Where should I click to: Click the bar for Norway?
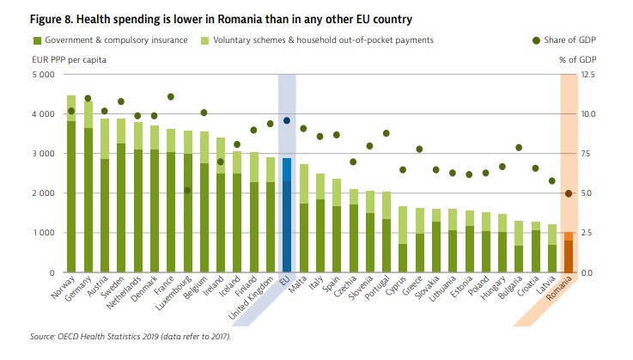pyautogui.click(x=71, y=189)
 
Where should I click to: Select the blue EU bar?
pyautogui.click(x=287, y=215)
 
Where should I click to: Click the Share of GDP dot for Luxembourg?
pyautogui.click(x=187, y=190)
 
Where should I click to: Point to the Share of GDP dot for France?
pyautogui.click(x=171, y=97)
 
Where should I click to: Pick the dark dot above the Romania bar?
pyautogui.click(x=569, y=193)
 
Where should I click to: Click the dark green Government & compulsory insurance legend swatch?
pyautogui.click(x=38, y=40)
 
